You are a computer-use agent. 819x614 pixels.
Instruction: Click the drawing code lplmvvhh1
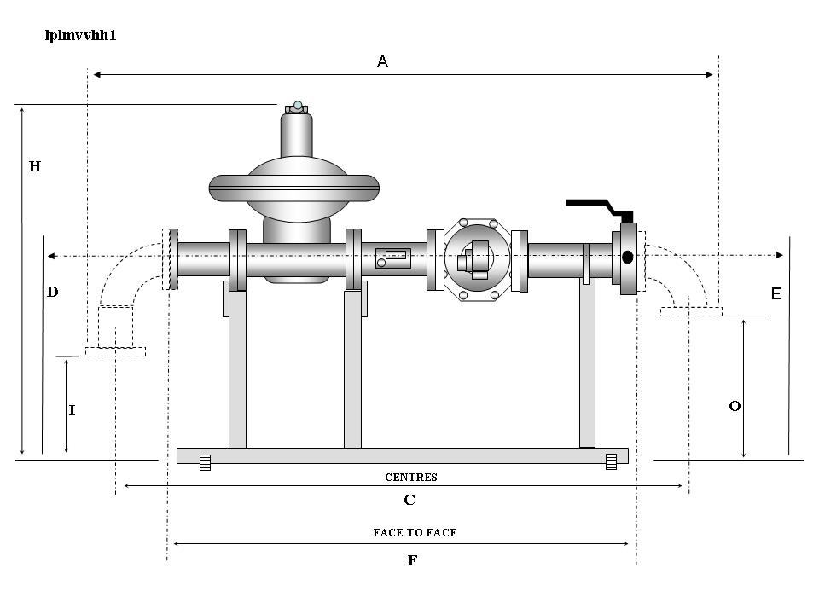(79, 37)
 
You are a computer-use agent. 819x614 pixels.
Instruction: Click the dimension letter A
(383, 61)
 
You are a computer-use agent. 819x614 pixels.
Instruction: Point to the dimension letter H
(35, 167)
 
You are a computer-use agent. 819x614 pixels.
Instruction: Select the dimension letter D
(52, 292)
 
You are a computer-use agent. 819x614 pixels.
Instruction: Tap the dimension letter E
(775, 293)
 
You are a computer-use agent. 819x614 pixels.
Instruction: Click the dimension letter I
(73, 410)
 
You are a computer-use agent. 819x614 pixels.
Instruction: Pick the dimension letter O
(734, 407)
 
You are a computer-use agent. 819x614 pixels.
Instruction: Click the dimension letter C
(409, 500)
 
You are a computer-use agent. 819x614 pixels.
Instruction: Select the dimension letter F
(413, 560)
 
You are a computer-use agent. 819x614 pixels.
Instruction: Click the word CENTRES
(410, 478)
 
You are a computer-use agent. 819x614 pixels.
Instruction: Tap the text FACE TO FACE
(415, 532)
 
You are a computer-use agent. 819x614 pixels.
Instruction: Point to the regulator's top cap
(298, 107)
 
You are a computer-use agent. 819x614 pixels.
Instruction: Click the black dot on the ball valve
(627, 257)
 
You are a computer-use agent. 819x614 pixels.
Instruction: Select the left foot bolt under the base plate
(205, 462)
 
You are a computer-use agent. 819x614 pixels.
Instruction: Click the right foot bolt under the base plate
(611, 462)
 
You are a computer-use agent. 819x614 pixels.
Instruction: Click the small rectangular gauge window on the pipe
(397, 254)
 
